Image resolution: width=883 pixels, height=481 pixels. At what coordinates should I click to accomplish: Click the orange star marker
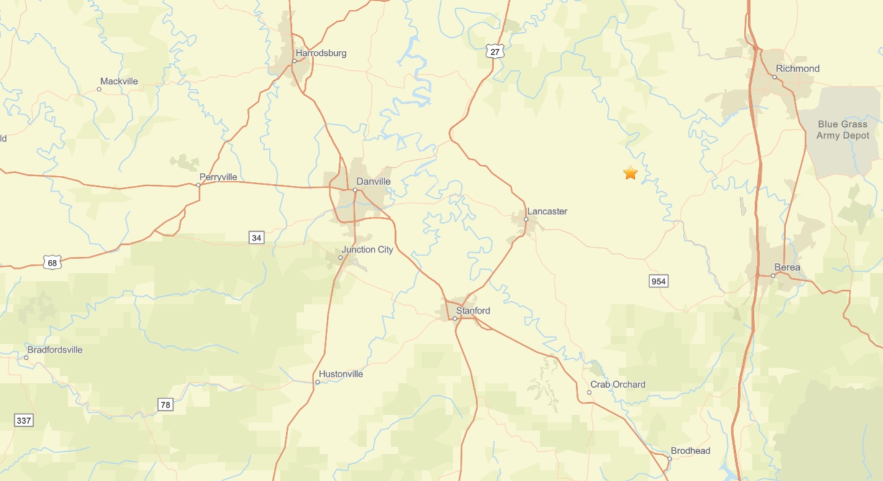click(630, 173)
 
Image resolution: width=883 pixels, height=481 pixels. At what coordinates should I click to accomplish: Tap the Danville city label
click(373, 181)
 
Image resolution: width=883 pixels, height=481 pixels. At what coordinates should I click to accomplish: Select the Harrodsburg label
click(321, 53)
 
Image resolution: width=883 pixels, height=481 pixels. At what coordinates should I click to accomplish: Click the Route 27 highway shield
click(495, 52)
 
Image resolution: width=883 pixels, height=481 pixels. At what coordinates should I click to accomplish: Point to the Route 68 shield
click(52, 263)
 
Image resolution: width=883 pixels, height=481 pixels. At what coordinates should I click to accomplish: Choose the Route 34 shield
click(256, 237)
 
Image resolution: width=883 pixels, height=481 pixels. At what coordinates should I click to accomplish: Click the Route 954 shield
click(658, 282)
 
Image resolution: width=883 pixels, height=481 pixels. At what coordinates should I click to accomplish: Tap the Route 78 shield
click(165, 405)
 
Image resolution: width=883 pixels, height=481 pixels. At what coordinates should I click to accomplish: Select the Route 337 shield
click(24, 421)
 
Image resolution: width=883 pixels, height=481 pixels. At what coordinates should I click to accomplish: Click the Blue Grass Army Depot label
click(843, 130)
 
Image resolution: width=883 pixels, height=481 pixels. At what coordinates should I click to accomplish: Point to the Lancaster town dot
click(526, 219)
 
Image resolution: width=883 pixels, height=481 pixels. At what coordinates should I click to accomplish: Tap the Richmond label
click(797, 69)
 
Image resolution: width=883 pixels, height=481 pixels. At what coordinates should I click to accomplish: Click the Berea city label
click(787, 268)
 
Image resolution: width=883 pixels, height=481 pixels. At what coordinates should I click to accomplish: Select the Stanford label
click(473, 311)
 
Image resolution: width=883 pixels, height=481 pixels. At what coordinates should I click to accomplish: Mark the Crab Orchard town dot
click(589, 392)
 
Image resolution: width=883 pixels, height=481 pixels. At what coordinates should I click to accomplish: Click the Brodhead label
click(690, 451)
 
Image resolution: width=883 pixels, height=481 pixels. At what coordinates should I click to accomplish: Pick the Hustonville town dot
click(317, 382)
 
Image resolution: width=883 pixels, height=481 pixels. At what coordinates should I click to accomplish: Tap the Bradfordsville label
click(55, 350)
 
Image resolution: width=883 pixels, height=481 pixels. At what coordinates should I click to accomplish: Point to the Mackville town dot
click(99, 89)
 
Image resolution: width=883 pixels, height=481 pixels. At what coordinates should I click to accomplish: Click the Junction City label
click(367, 250)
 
